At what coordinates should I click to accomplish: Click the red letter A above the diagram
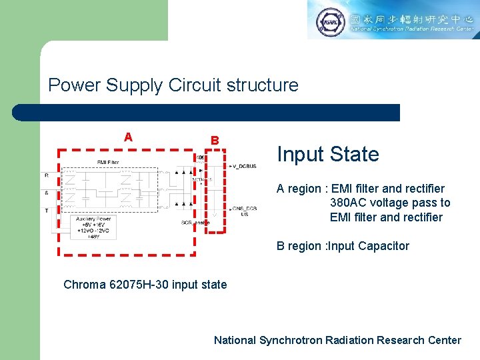click(x=128, y=137)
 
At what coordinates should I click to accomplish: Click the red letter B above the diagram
click(x=215, y=141)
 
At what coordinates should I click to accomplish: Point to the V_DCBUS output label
click(x=243, y=165)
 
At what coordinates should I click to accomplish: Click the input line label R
click(x=47, y=175)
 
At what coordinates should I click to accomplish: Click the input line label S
click(x=47, y=192)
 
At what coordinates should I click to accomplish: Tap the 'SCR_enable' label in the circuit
click(x=195, y=222)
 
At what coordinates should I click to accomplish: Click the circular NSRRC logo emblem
click(x=330, y=21)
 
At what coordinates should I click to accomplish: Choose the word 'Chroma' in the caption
click(x=85, y=285)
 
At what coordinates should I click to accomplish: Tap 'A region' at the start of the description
click(x=298, y=189)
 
